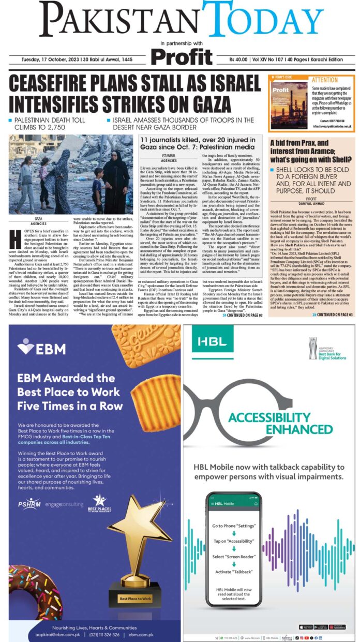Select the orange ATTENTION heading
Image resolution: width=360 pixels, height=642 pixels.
[324, 80]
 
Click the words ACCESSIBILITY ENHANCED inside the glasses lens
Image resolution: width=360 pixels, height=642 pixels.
[262, 423]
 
